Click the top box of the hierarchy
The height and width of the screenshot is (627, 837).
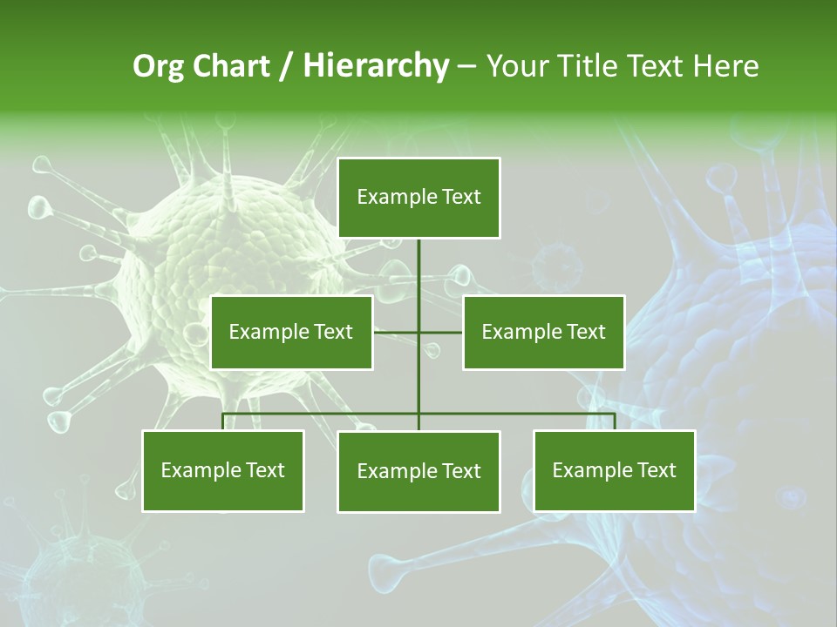pos(418,198)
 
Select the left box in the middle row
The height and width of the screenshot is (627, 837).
pos(291,332)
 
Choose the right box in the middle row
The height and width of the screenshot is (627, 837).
pos(543,332)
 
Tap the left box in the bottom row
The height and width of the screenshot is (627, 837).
pos(223,470)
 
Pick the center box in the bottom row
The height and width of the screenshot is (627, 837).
pos(418,471)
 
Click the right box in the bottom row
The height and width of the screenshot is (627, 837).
pos(615,470)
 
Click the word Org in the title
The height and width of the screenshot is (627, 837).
pos(158,66)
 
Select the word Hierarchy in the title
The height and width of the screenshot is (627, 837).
pos(376,66)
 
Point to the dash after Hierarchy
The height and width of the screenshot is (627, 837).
pos(466,67)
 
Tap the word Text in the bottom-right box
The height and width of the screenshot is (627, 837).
pos(657,470)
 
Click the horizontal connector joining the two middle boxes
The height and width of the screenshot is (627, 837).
pos(397,332)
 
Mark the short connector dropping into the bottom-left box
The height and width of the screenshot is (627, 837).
pos(223,421)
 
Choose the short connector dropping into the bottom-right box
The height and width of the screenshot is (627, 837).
pos(615,421)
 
